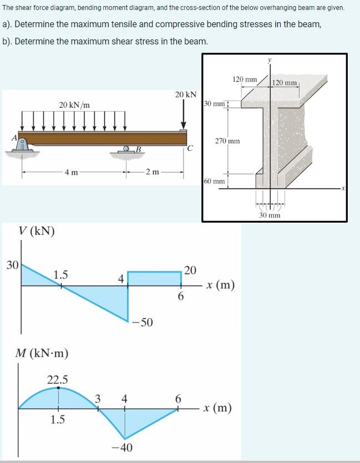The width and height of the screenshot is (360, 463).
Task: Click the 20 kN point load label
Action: click(186, 95)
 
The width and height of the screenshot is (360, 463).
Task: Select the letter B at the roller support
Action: click(138, 148)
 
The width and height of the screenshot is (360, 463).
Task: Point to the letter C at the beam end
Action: click(190, 148)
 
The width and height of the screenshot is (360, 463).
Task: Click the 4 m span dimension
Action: click(71, 172)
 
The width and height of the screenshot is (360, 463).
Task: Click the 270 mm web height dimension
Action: click(227, 141)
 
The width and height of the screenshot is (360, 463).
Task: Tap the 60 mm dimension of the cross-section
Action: click(214, 181)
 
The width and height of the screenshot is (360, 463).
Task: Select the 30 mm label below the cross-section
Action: click(270, 215)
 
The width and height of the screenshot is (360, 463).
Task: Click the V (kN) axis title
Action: click(37, 231)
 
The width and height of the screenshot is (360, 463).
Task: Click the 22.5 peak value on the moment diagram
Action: click(58, 380)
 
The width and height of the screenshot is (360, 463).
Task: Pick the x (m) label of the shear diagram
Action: click(219, 286)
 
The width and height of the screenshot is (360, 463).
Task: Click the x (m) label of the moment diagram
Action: click(217, 409)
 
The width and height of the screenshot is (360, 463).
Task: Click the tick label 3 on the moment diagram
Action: click(98, 398)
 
